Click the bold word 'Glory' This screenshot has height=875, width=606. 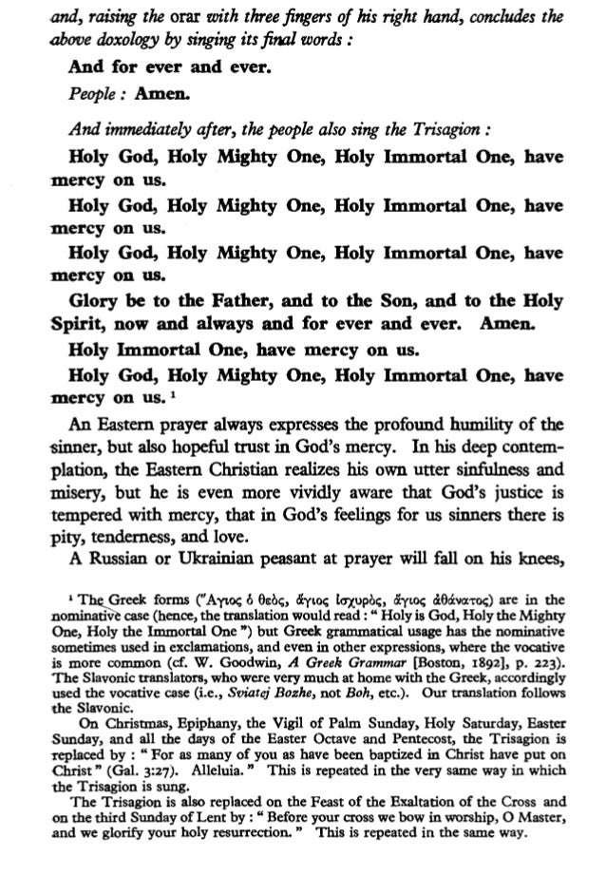[x=97, y=296]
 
